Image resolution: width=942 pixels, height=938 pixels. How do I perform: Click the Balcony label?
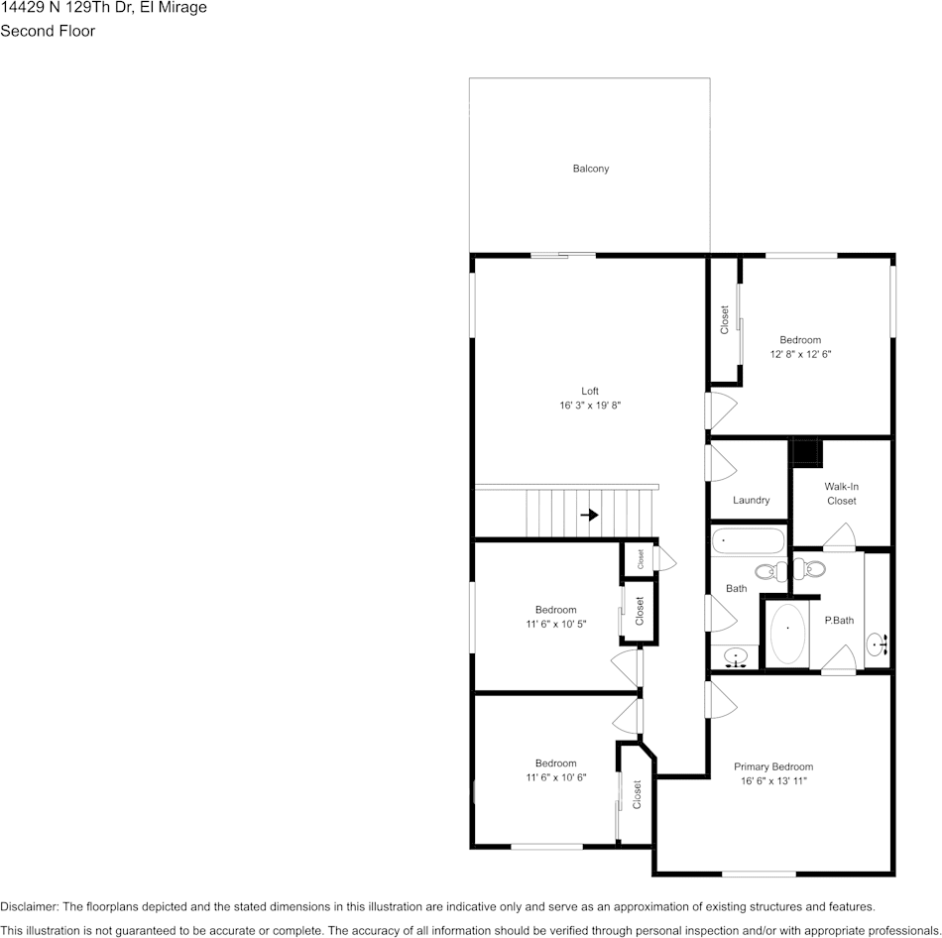591,169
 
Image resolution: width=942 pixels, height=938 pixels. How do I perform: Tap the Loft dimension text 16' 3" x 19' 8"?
590,406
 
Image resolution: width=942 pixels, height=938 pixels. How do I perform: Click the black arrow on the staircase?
590,515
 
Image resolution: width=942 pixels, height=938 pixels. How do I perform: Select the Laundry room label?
751,501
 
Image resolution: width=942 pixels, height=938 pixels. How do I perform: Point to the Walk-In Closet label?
841,494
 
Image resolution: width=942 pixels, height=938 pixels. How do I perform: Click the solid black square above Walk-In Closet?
806,452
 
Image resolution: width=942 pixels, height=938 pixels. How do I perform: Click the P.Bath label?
839,621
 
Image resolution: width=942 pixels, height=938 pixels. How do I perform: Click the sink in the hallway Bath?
736,656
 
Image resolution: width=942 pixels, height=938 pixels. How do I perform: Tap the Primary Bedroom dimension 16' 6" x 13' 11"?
773,781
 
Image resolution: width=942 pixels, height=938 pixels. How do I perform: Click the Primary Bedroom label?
773,766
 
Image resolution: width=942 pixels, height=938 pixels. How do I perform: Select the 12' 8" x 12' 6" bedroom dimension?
799,354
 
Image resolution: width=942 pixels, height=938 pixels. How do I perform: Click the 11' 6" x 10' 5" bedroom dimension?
555,625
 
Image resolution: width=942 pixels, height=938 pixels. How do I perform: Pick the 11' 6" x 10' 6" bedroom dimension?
555,777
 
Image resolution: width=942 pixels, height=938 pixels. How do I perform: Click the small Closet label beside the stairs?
641,559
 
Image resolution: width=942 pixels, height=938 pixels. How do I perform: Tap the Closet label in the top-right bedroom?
725,319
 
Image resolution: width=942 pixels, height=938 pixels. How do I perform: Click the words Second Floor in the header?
48,31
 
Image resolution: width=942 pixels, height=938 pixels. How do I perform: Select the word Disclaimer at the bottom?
29,906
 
